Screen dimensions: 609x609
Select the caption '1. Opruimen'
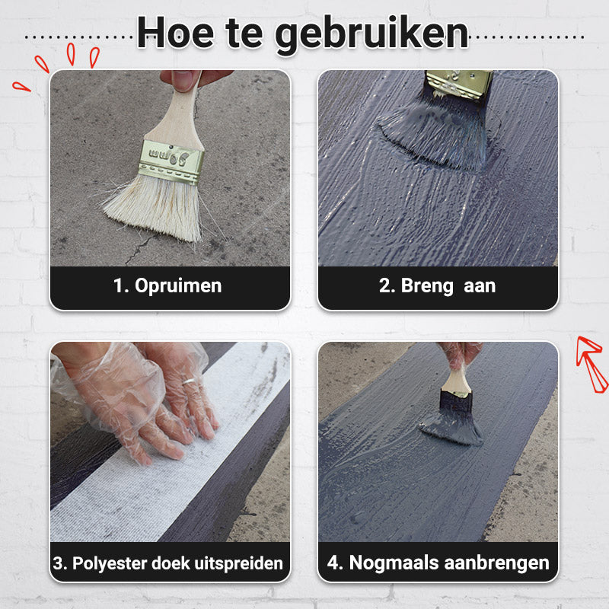167,286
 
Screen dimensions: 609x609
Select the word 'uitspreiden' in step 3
243,563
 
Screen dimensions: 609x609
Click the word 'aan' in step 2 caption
480,286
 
